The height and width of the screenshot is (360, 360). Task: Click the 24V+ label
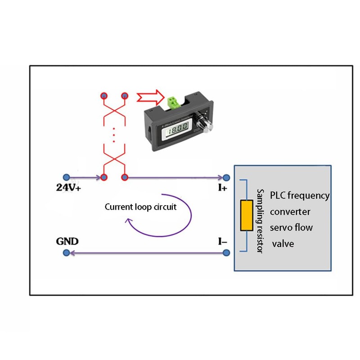pos(68,189)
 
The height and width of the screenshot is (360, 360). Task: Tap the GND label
pos(67,241)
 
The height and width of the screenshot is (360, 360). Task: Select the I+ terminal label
pos(222,189)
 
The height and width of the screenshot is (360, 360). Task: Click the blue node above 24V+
pos(67,177)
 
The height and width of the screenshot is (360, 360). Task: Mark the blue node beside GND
pos(67,254)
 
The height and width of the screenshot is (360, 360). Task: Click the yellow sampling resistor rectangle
pos(246,216)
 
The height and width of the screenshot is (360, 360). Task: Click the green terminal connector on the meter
pos(173,102)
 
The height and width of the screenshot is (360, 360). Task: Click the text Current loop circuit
pos(141,207)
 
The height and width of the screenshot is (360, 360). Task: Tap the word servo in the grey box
pos(281,227)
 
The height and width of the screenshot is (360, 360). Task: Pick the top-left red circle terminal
pos(104,96)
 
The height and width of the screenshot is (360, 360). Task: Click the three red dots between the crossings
pos(114,135)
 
